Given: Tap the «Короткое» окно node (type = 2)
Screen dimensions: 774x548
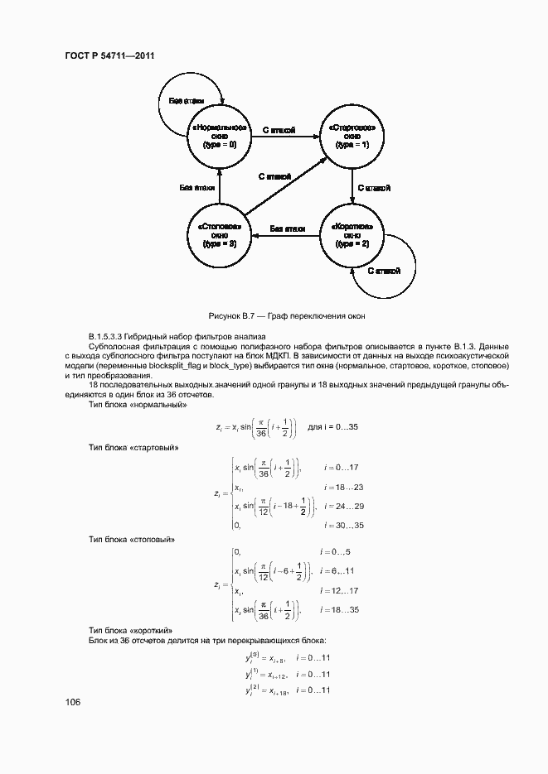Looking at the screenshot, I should (x=352, y=236).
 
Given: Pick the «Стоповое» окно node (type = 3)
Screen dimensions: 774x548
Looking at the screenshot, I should (x=219, y=236).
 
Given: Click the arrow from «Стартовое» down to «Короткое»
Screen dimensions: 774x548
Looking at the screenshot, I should (x=353, y=186).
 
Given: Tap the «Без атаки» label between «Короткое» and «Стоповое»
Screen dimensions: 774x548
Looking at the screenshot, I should (x=287, y=228).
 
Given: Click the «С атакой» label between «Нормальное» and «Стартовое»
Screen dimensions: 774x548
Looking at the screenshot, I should (x=279, y=130).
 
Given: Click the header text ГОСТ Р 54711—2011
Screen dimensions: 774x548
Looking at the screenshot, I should (x=110, y=56).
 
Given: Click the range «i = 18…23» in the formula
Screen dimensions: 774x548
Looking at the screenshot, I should (x=343, y=487).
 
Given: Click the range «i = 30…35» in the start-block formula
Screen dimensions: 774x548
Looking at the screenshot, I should (x=344, y=525).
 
